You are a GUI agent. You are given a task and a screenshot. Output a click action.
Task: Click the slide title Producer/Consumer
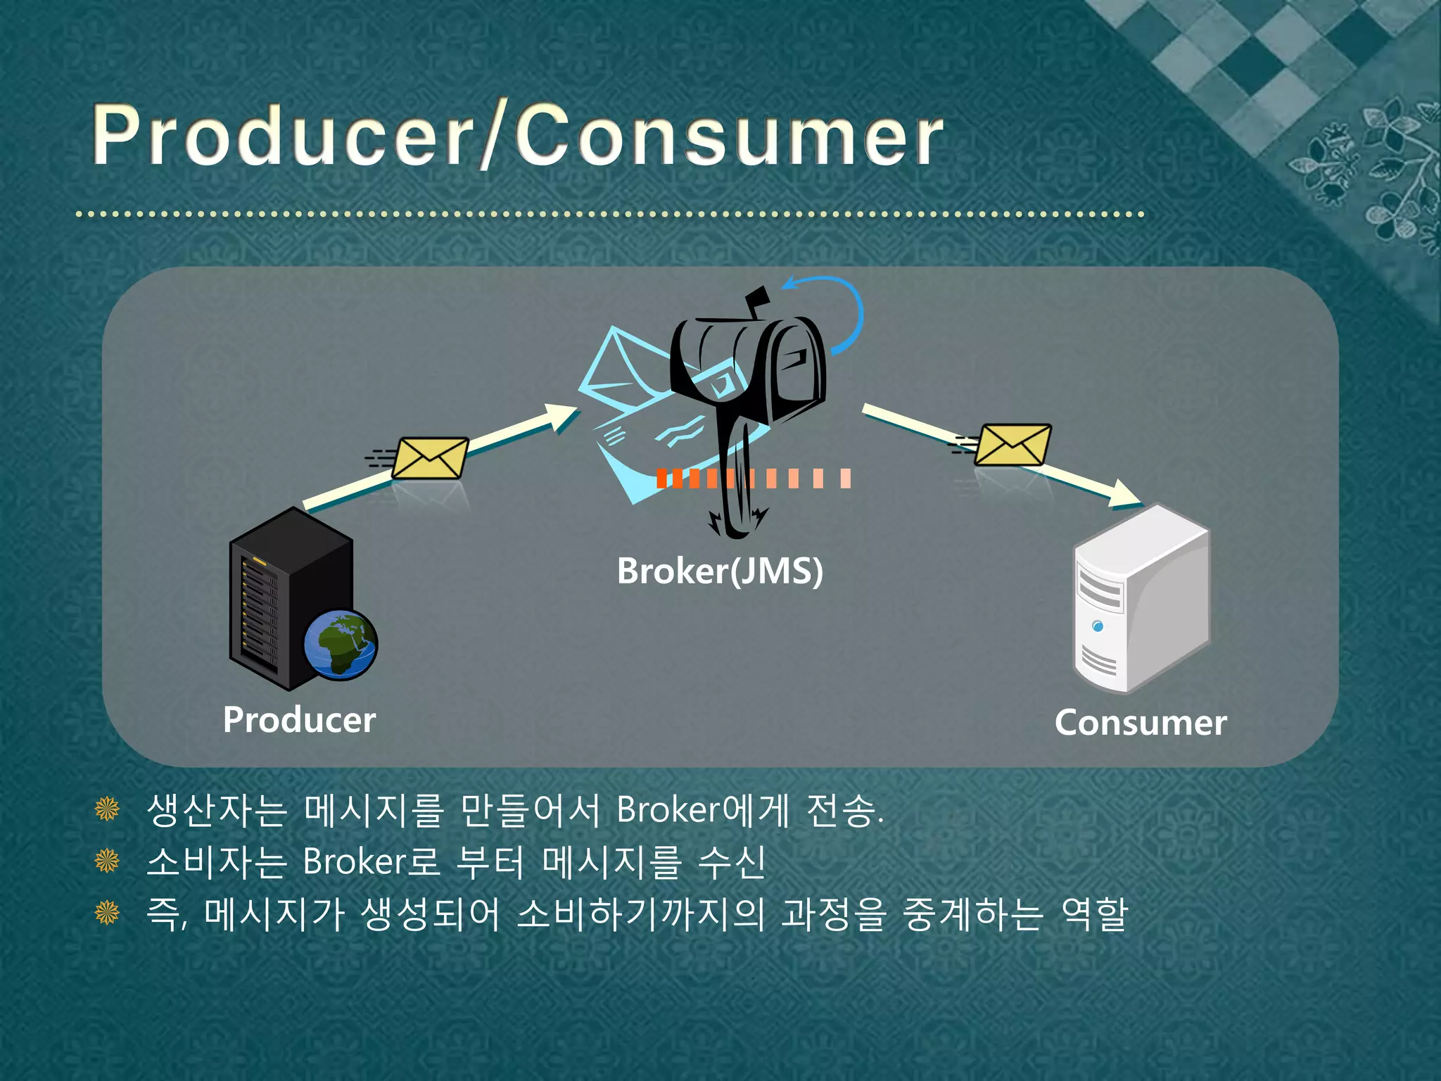(517, 135)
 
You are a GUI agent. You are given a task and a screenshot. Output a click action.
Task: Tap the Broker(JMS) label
(719, 570)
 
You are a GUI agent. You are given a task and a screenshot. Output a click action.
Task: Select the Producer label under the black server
(299, 719)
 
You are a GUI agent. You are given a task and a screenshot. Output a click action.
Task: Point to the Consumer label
(1140, 722)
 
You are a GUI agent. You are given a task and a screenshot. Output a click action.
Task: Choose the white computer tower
(1141, 598)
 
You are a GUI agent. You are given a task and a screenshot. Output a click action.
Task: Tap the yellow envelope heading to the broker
(429, 457)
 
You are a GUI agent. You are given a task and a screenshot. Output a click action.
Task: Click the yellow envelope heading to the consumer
(1013, 444)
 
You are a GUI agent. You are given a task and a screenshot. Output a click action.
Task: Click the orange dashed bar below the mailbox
(753, 479)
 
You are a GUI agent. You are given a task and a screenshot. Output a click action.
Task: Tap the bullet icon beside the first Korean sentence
(107, 809)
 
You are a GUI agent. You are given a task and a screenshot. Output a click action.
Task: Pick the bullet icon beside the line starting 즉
(107, 913)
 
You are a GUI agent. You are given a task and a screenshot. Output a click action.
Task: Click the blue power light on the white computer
(1098, 626)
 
